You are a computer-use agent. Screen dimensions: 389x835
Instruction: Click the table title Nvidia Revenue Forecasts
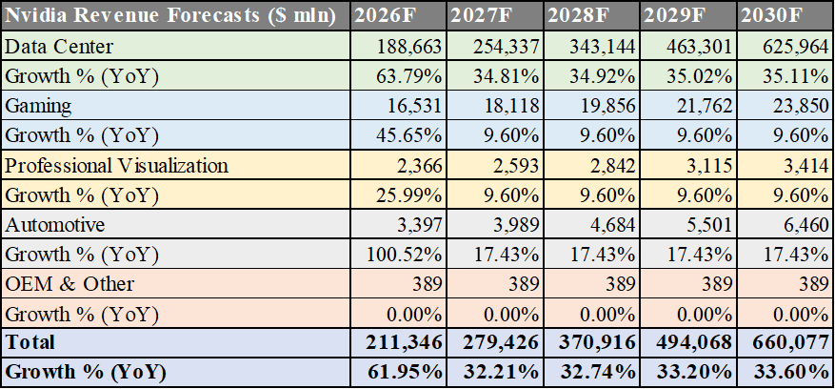point(172,16)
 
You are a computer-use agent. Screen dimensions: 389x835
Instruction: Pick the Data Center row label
point(59,47)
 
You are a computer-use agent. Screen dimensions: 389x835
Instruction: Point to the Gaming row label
point(39,106)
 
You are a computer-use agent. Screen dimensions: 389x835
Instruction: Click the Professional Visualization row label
point(116,165)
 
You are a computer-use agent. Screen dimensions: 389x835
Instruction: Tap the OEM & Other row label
point(70,283)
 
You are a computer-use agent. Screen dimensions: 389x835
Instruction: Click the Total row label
point(30,341)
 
